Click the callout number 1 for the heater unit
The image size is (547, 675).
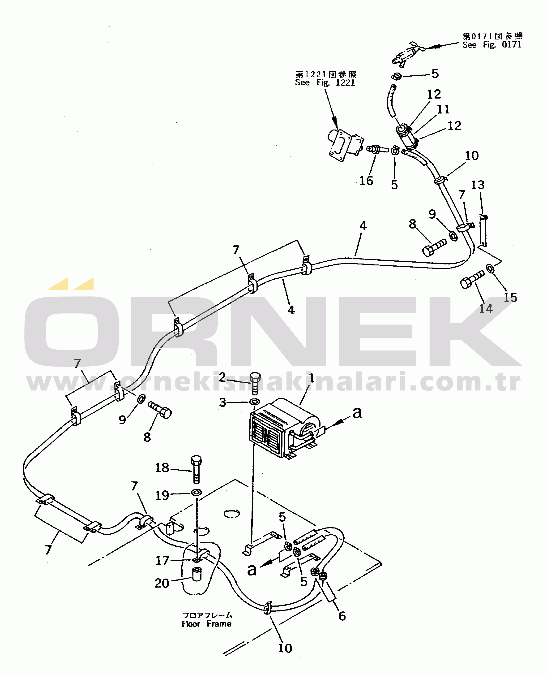point(312,378)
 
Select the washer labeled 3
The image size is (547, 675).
point(255,402)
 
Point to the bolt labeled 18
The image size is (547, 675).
point(196,469)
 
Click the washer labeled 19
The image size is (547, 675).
point(197,492)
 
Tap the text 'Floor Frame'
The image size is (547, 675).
point(206,624)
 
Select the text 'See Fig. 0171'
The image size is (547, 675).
point(492,45)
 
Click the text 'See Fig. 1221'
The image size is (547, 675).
point(325,82)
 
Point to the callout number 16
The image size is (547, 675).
point(367,181)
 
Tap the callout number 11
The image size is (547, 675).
point(443,109)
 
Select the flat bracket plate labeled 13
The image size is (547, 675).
point(483,230)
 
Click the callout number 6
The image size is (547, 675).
point(342,616)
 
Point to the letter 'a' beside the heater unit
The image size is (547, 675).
point(357,412)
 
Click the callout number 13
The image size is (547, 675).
point(478,185)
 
